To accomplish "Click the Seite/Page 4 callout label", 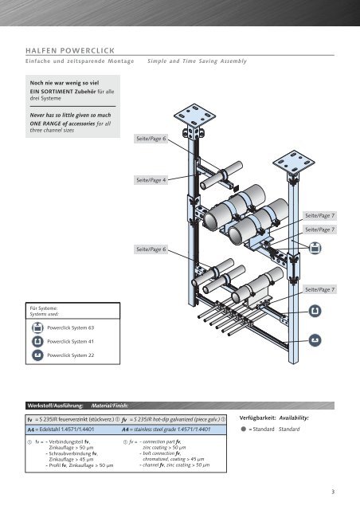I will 152,180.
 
